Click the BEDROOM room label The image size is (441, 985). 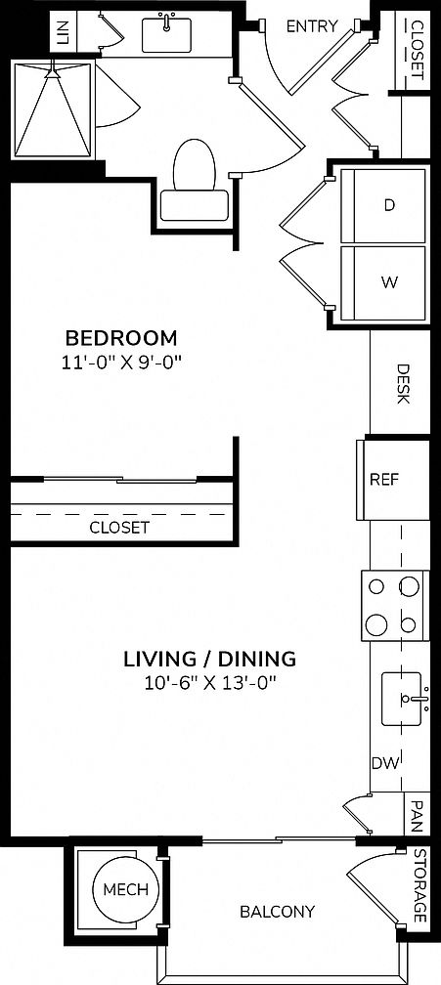(x=121, y=338)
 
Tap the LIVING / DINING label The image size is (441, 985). (x=209, y=658)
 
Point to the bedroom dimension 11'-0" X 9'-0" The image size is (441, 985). (x=121, y=362)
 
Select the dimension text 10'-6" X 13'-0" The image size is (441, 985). (x=209, y=682)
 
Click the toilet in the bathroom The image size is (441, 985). (x=194, y=180)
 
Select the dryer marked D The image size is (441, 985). (x=388, y=205)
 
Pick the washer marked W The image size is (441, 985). (x=388, y=282)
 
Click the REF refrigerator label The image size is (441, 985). (x=382, y=480)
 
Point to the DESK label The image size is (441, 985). (x=402, y=385)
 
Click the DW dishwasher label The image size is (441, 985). (x=383, y=763)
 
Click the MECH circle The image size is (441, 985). (x=125, y=889)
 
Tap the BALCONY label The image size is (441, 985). (x=277, y=912)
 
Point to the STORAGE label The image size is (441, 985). (x=419, y=885)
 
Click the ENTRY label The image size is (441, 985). (x=311, y=26)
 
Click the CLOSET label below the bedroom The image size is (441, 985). (x=119, y=527)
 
